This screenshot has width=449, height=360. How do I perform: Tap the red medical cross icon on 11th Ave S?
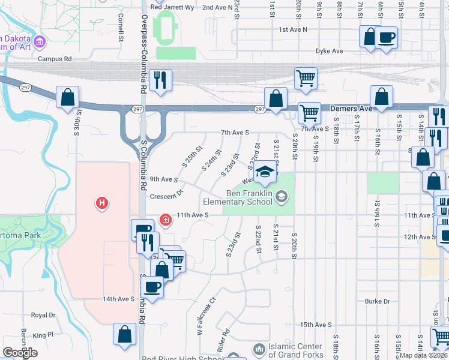166,221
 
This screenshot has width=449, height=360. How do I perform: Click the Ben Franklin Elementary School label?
250,198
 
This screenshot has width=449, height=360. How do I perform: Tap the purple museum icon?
40,42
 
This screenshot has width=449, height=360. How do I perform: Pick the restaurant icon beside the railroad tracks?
160,81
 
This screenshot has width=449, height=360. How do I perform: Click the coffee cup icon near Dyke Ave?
386,38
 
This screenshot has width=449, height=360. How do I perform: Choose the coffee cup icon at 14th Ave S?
153,288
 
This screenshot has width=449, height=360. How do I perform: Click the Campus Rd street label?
55,59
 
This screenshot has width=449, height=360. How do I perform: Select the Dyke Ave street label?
330,51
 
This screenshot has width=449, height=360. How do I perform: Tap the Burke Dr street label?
377,301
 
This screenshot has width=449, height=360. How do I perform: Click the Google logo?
20,353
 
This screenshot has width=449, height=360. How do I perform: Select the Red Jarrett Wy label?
172,7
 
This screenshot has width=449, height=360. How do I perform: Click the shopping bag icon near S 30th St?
68,98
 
